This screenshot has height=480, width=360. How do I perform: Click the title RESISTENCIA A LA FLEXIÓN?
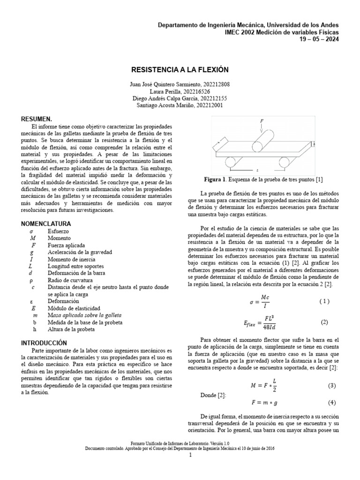(x=180, y=69)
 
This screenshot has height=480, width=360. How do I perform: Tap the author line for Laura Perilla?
(x=180, y=91)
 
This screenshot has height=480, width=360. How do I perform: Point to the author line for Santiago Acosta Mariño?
(x=180, y=105)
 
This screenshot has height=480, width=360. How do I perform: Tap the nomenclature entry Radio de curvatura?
(x=70, y=280)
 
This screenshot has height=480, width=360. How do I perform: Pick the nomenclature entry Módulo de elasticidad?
(x=73, y=308)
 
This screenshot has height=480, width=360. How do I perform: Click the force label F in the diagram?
(x=262, y=121)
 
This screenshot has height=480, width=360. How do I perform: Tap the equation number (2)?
(x=325, y=322)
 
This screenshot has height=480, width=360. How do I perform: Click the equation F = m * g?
(x=262, y=403)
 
